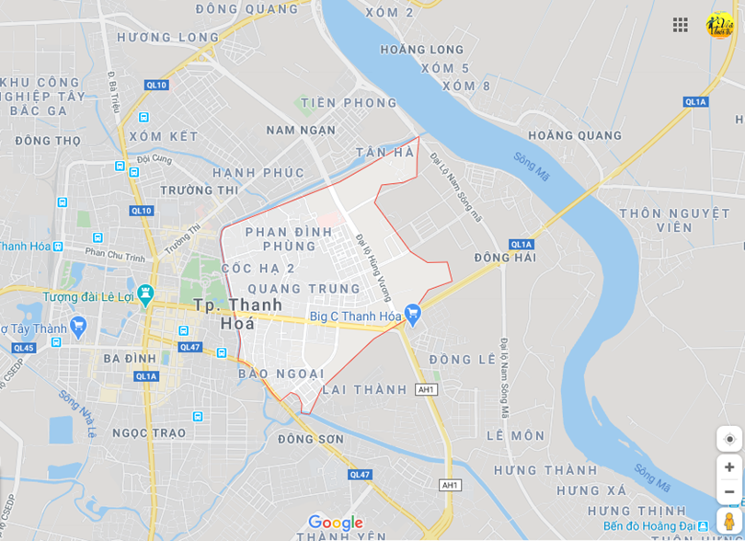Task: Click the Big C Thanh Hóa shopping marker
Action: [412, 314]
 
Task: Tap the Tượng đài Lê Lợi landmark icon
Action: [144, 294]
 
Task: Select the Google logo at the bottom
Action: [335, 523]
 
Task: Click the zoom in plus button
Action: [729, 467]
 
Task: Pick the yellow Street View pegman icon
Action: [729, 522]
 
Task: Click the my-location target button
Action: [729, 439]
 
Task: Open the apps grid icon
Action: [681, 25]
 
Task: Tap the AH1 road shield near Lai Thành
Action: [425, 389]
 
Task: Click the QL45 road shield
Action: [24, 348]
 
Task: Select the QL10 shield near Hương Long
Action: [156, 85]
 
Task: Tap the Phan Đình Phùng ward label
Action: [289, 238]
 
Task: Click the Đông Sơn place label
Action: [311, 439]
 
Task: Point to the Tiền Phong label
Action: [349, 103]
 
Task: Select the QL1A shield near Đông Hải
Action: [521, 244]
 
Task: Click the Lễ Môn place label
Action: [516, 435]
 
